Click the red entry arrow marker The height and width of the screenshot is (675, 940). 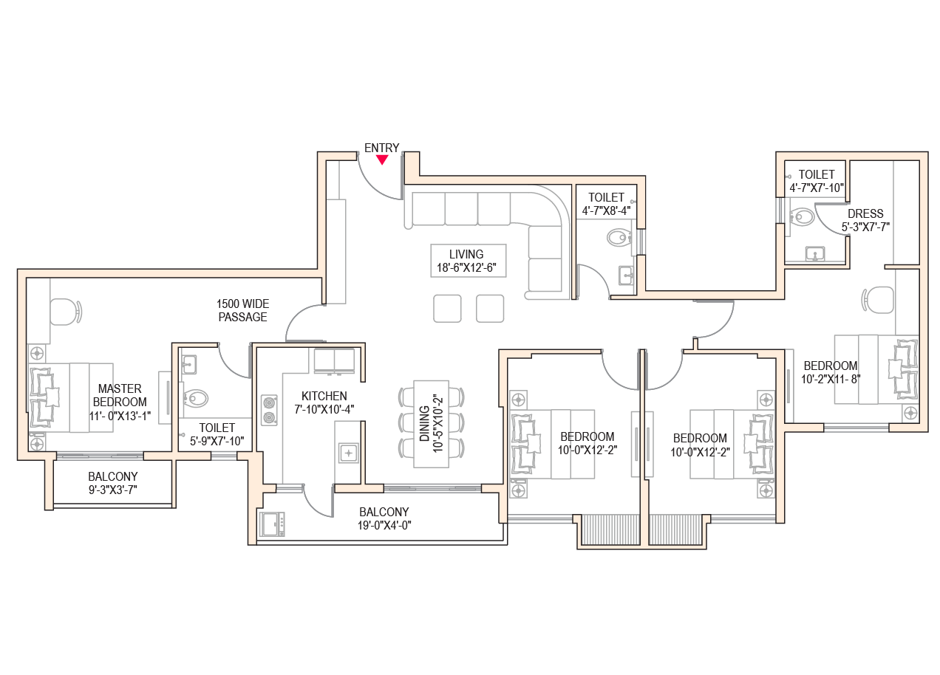tap(382, 160)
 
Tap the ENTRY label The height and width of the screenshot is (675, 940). tap(381, 148)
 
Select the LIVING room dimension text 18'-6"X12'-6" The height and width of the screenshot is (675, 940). tap(466, 267)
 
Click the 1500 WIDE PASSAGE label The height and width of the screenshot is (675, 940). tap(243, 310)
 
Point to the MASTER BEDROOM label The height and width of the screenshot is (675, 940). tap(120, 395)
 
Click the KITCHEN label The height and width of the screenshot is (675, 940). tap(324, 396)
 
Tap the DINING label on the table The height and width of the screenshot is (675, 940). tap(425, 424)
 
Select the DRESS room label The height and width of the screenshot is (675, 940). tap(865, 213)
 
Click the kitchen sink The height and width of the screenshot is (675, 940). tap(349, 453)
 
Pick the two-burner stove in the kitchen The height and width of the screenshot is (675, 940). tap(269, 410)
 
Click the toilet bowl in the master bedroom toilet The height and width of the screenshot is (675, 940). tap(196, 397)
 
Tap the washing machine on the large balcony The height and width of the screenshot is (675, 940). tap(273, 524)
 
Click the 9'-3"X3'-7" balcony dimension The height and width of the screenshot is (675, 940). tap(113, 490)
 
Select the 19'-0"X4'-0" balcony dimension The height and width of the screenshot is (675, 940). tap(384, 525)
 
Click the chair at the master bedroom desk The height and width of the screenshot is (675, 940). tap(66, 312)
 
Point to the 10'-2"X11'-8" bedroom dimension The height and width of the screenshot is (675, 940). tap(831, 379)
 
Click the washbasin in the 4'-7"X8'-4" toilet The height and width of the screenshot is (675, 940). tap(626, 275)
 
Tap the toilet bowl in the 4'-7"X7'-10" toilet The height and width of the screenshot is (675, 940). tap(802, 217)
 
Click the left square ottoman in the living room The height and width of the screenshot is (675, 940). tap(447, 309)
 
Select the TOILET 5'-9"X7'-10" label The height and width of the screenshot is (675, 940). tap(217, 434)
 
